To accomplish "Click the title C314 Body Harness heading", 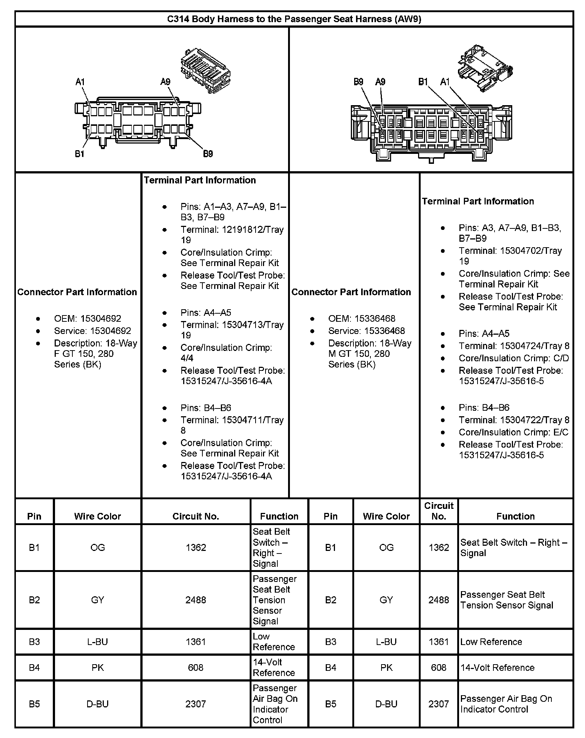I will click(294, 19).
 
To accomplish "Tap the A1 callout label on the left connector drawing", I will click(80, 82).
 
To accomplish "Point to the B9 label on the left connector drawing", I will click(208, 154).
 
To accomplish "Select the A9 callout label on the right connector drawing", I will click(380, 82).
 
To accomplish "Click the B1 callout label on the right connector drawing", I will click(423, 82).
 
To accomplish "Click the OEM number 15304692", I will click(101, 318).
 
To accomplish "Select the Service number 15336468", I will click(384, 331).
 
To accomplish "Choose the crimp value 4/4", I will click(187, 358).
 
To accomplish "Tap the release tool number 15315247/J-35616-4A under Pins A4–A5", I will click(226, 381).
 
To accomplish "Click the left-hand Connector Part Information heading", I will click(77, 292).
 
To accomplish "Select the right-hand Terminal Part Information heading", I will click(478, 201).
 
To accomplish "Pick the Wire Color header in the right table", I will click(386, 516).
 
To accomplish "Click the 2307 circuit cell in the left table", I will click(196, 704).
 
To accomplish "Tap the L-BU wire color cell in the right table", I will click(386, 642).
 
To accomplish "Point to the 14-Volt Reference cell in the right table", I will click(497, 668).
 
